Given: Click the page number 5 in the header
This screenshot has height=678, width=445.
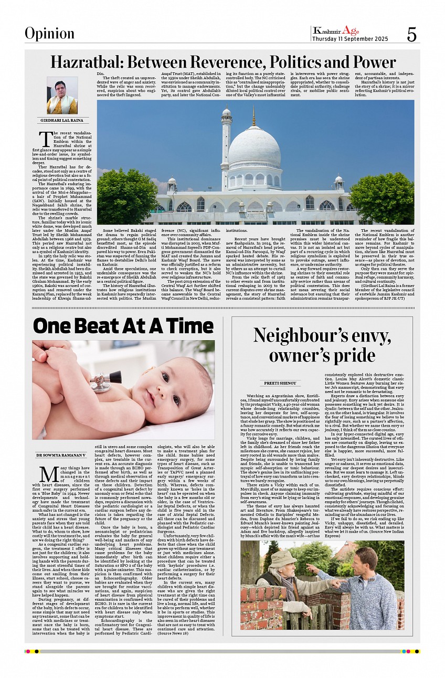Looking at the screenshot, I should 411,34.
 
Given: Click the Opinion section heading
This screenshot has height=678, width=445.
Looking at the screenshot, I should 49,34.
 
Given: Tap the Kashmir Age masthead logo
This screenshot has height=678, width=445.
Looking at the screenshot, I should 336,30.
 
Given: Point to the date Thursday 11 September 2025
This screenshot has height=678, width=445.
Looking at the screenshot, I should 350,39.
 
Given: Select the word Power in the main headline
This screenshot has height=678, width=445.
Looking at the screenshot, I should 367,62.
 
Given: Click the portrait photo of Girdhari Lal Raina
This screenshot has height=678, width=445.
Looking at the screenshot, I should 62,96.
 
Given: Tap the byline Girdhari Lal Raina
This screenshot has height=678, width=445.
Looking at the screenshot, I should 62,121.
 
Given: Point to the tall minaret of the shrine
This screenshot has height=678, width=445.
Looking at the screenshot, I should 226,152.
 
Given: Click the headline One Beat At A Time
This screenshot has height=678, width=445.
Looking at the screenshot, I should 123,326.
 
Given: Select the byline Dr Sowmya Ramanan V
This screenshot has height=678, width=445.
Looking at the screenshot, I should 60,455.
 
